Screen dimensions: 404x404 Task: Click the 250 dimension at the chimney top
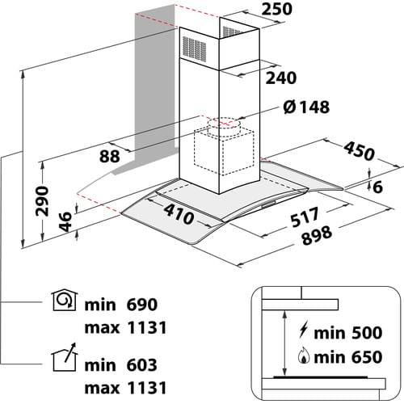tap(277, 9)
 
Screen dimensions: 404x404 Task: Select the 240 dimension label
tap(281, 78)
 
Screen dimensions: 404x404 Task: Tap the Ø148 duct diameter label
tap(306, 107)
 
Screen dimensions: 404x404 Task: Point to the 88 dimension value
tap(109, 156)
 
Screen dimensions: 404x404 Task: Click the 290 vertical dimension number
tap(42, 201)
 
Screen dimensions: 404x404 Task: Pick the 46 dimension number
tap(65, 221)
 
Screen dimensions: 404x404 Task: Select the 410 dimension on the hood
tap(179, 214)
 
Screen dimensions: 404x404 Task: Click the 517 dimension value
tap(305, 217)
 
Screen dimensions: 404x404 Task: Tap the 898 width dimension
tap(317, 236)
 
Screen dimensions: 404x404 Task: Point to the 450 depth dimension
tap(359, 151)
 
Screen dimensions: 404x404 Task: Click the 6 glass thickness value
tap(378, 187)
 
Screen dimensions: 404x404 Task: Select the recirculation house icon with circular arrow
tap(65, 301)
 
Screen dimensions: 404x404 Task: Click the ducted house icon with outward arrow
tap(65, 357)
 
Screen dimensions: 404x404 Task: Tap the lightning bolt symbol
tap(303, 330)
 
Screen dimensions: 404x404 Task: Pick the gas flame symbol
tap(304, 356)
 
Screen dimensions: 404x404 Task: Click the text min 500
tap(348, 333)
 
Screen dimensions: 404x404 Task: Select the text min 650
tap(348, 357)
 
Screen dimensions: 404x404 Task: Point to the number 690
tap(141, 305)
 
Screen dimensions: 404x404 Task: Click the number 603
tap(141, 365)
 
